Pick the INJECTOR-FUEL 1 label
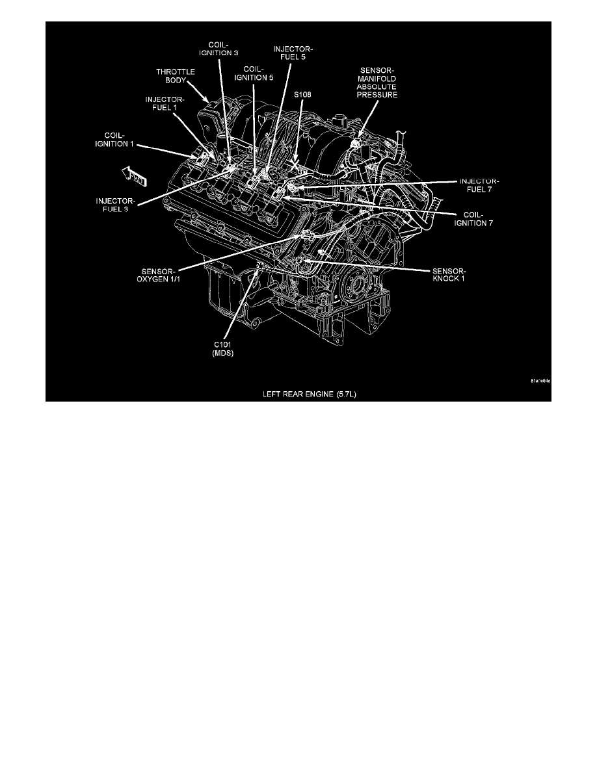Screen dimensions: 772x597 click(164, 104)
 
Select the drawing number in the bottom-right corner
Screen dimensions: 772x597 click(540, 381)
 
